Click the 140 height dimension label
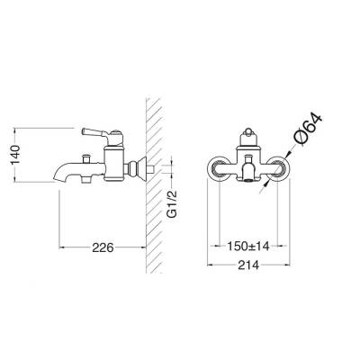15,155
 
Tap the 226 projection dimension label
103,247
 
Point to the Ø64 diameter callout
309,130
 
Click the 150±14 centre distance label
248,247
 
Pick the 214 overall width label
248,265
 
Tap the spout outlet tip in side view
55,179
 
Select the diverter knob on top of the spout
87,158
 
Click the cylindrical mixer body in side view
113,164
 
